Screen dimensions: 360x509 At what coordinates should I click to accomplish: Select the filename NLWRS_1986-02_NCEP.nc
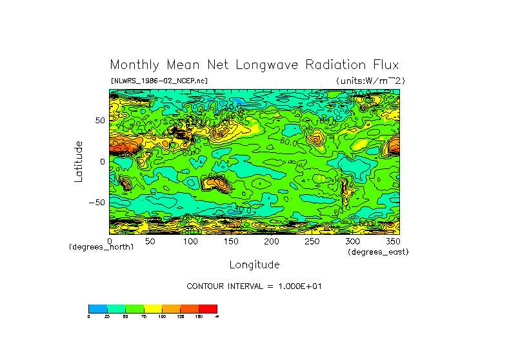[x=159, y=81]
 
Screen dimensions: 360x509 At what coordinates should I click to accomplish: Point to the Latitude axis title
[x=79, y=161]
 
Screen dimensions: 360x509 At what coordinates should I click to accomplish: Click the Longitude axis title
[x=254, y=265]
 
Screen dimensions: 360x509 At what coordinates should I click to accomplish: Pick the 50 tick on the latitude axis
[x=99, y=121]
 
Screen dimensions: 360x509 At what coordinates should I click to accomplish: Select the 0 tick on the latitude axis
[x=102, y=162]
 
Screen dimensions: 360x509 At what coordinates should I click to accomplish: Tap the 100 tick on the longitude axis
[x=190, y=241]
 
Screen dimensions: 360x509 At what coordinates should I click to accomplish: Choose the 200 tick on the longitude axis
[x=272, y=241]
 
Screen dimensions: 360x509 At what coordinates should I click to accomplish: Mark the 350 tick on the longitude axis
[x=393, y=241]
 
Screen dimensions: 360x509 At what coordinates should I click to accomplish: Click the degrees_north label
[x=101, y=247]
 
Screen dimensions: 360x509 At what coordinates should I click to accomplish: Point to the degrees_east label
[x=377, y=252]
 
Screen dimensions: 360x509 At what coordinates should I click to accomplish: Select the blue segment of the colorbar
[x=97, y=308]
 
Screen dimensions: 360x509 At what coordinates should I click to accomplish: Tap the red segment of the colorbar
[x=208, y=308]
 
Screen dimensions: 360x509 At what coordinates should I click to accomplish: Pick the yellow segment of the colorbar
[x=153, y=308]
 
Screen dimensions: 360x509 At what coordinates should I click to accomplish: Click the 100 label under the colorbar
[x=161, y=317]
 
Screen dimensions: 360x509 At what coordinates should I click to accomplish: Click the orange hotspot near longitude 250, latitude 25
[x=315, y=138]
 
